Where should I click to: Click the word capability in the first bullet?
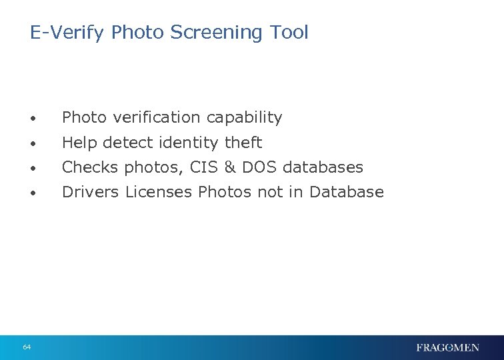244,118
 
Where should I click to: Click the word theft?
243,143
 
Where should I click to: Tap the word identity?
191,143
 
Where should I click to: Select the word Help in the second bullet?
78,143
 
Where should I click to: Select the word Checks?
90,167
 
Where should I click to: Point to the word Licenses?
159,192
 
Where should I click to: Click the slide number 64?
27,347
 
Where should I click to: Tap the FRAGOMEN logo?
447,347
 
